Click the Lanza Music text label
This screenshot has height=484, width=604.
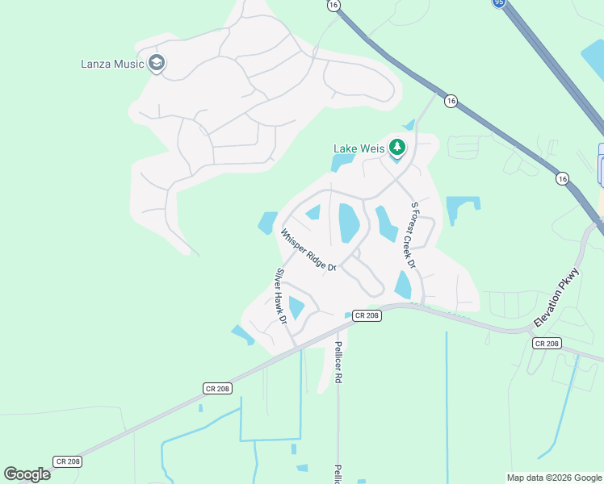pyautogui.click(x=112, y=64)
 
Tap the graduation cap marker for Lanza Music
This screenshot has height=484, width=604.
pyautogui.click(x=157, y=64)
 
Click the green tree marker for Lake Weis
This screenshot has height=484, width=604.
pyautogui.click(x=396, y=148)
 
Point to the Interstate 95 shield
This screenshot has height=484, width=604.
pyautogui.click(x=500, y=2)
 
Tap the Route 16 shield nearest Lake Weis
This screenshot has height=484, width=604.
pyautogui.click(x=451, y=101)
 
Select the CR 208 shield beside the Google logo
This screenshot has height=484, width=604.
pyautogui.click(x=67, y=461)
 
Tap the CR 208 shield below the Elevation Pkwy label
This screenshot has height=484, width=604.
pyautogui.click(x=547, y=344)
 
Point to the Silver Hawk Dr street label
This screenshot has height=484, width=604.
pyautogui.click(x=282, y=296)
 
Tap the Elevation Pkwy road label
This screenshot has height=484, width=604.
pyautogui.click(x=556, y=298)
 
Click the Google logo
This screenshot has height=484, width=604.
pyautogui.click(x=27, y=474)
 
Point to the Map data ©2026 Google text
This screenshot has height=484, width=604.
pyautogui.click(x=553, y=478)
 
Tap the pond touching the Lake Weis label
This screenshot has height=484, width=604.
pyautogui.click(x=341, y=162)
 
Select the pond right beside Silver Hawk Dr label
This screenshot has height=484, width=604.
pyautogui.click(x=296, y=307)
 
